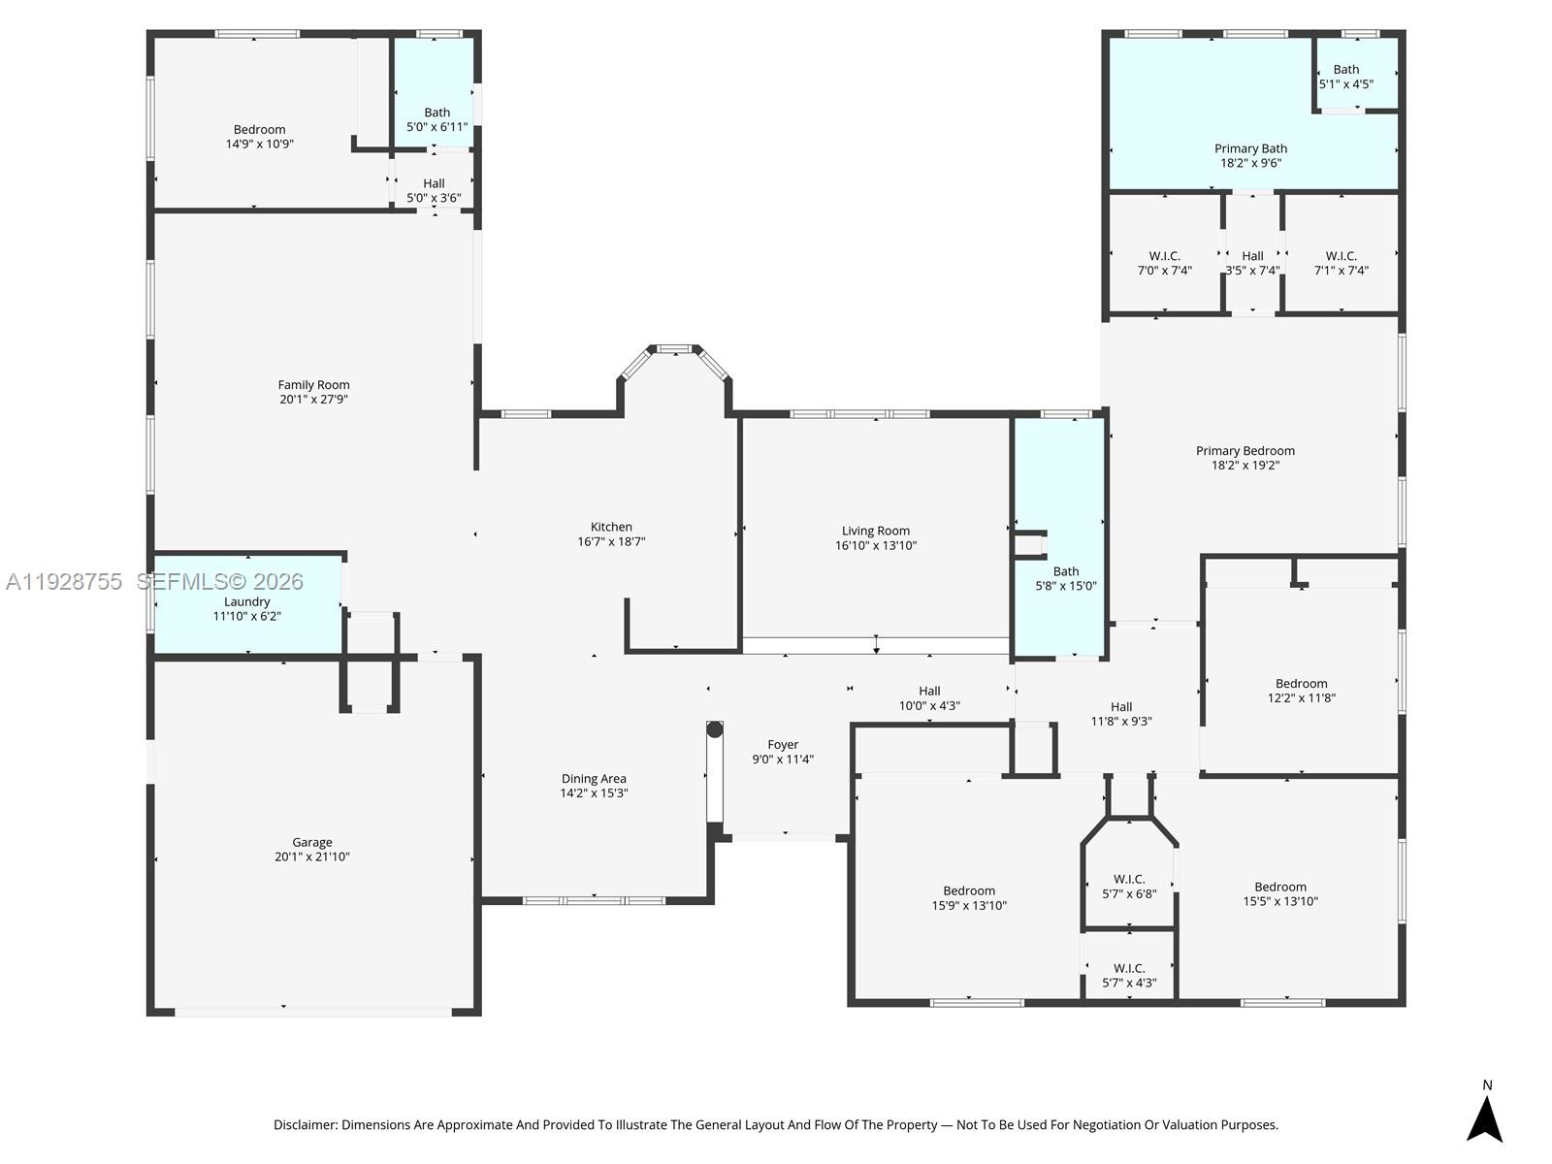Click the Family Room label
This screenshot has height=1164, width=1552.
pos(313,384)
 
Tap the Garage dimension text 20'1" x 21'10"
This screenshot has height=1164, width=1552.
pos(311,857)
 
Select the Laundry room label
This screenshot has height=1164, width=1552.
pos(246,601)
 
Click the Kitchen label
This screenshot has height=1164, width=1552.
pos(611,527)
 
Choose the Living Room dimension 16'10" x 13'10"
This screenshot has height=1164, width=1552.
pos(875,545)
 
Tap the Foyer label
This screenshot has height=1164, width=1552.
pos(783,744)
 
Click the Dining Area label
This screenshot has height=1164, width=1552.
pos(594,778)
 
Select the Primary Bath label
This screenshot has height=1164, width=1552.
pos(1250,148)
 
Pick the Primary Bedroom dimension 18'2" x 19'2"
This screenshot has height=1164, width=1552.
pos(1245,465)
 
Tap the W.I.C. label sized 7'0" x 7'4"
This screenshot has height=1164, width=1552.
pos(1165,256)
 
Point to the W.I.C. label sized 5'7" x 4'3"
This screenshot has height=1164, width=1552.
pos(1129,968)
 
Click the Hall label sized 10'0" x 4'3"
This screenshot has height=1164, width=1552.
pos(930,692)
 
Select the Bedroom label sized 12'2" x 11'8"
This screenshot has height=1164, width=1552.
pos(1301,684)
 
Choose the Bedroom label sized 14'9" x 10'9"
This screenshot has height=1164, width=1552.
pos(260,129)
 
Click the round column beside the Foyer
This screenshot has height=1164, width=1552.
pos(715,729)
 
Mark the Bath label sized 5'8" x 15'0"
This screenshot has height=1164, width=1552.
pos(1066,571)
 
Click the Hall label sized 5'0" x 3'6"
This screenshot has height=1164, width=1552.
pos(434,183)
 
